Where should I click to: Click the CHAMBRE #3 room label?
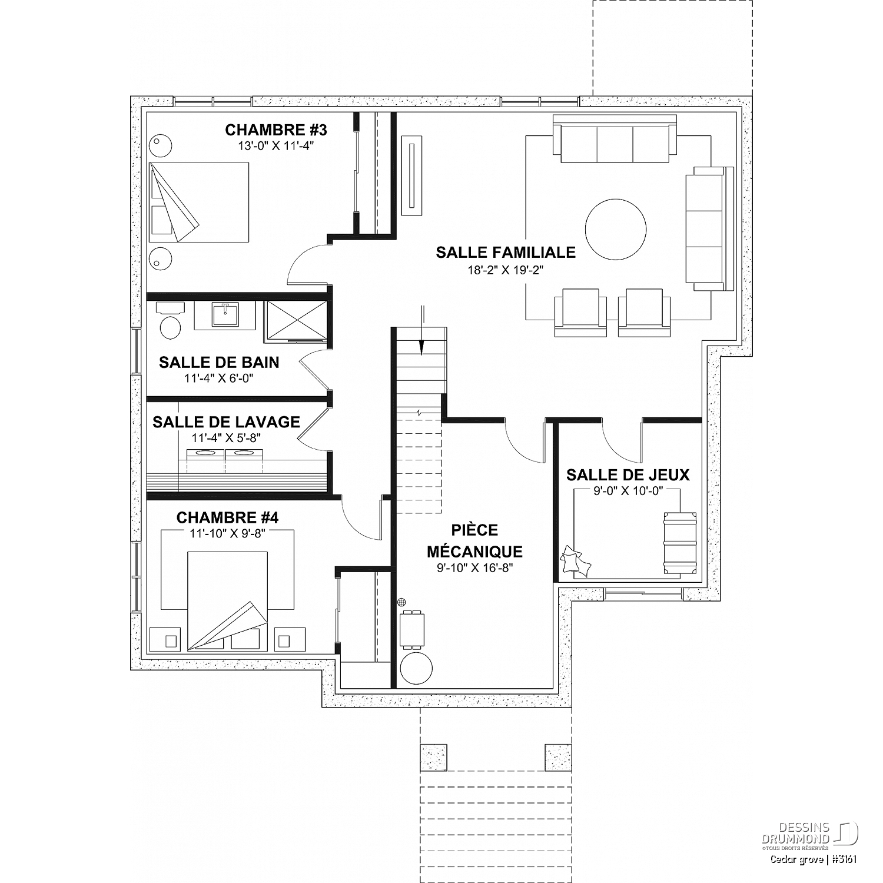pyautogui.click(x=276, y=130)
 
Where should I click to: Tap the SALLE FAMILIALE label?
pyautogui.click(x=506, y=253)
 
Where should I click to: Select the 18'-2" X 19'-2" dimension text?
pyautogui.click(x=506, y=271)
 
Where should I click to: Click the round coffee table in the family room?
pyautogui.click(x=616, y=228)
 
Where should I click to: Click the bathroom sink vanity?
pyautogui.click(x=224, y=316)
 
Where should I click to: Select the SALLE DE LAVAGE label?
pyautogui.click(x=226, y=422)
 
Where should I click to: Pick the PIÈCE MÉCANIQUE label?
pyautogui.click(x=474, y=541)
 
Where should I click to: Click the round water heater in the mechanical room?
pyautogui.click(x=416, y=668)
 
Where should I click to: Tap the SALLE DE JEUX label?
pyautogui.click(x=628, y=475)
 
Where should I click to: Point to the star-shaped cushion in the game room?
pyautogui.click(x=575, y=560)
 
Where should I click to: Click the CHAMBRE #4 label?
pyautogui.click(x=227, y=517)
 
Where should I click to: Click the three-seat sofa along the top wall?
pyautogui.click(x=615, y=139)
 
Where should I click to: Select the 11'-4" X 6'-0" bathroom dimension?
pyautogui.click(x=219, y=378)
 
